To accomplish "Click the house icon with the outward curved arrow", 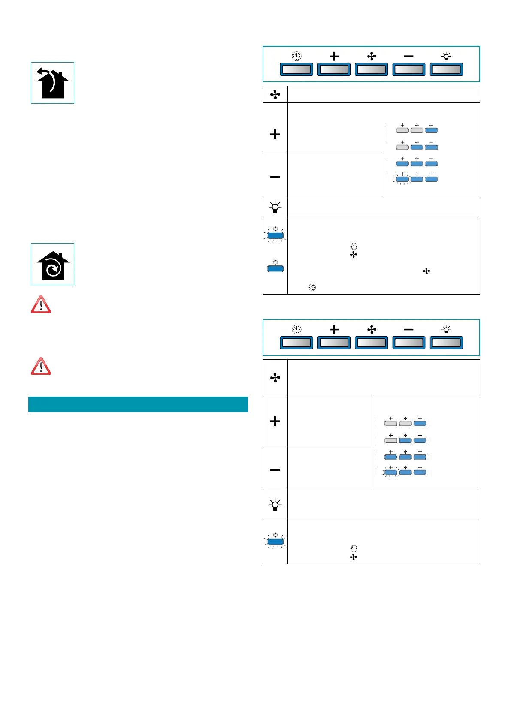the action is pos(52,83).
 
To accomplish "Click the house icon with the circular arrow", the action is pos(52,265).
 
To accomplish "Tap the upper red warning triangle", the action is pos(41,305).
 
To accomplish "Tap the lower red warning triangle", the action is pos(41,367).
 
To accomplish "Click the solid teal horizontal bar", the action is pos(138,404).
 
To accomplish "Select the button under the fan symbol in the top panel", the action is pos(371,69).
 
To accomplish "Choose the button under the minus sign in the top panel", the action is pos(408,69).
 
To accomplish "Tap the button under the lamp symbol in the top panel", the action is pos(446,69).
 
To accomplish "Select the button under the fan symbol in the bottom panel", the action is pos(371,343).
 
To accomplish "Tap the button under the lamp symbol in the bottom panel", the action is pos(446,343).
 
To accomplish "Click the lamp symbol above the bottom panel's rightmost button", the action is pos(446,329).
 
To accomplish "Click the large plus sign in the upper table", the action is pos(275,135).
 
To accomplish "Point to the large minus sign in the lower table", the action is pos(275,470).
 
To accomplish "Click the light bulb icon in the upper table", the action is pos(275,207).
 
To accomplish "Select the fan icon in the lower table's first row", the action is pos(275,378).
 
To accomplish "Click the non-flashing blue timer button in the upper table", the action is pos(275,269).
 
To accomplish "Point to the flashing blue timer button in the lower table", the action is pos(275,542).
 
